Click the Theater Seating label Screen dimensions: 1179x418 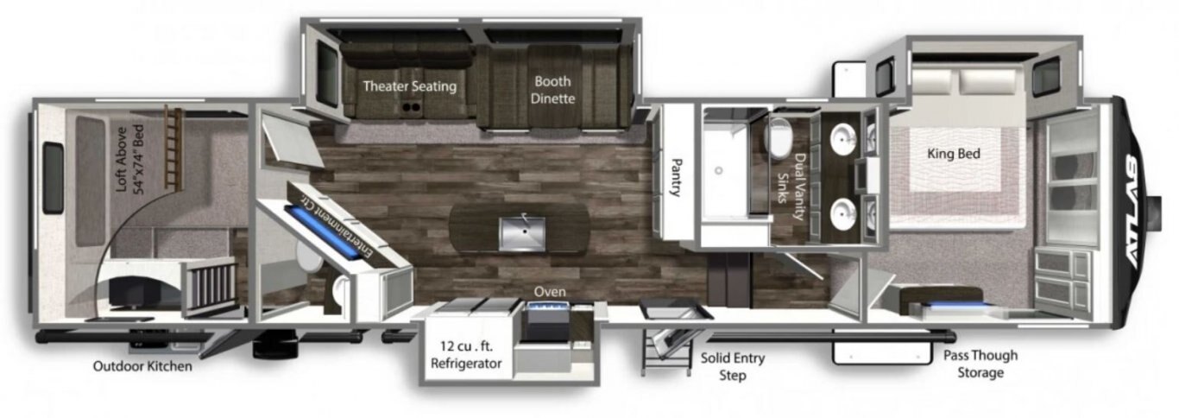(409, 85)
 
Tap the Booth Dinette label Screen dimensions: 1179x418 (552, 90)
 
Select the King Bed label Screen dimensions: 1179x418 (953, 154)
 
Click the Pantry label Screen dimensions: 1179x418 (677, 177)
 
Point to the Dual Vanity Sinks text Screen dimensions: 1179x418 (792, 187)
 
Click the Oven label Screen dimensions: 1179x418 (550, 292)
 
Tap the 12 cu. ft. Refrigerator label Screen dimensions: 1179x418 (466, 355)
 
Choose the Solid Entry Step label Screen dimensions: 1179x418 (732, 366)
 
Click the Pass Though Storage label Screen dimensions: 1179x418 (980, 364)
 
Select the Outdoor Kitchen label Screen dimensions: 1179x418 (142, 366)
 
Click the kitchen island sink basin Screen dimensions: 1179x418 (521, 233)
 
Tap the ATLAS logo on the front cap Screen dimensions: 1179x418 (1133, 212)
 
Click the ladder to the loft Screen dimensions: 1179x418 (173, 148)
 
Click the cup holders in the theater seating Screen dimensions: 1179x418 (411, 108)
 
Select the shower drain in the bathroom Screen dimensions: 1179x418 (718, 170)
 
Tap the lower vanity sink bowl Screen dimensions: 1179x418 (843, 214)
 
